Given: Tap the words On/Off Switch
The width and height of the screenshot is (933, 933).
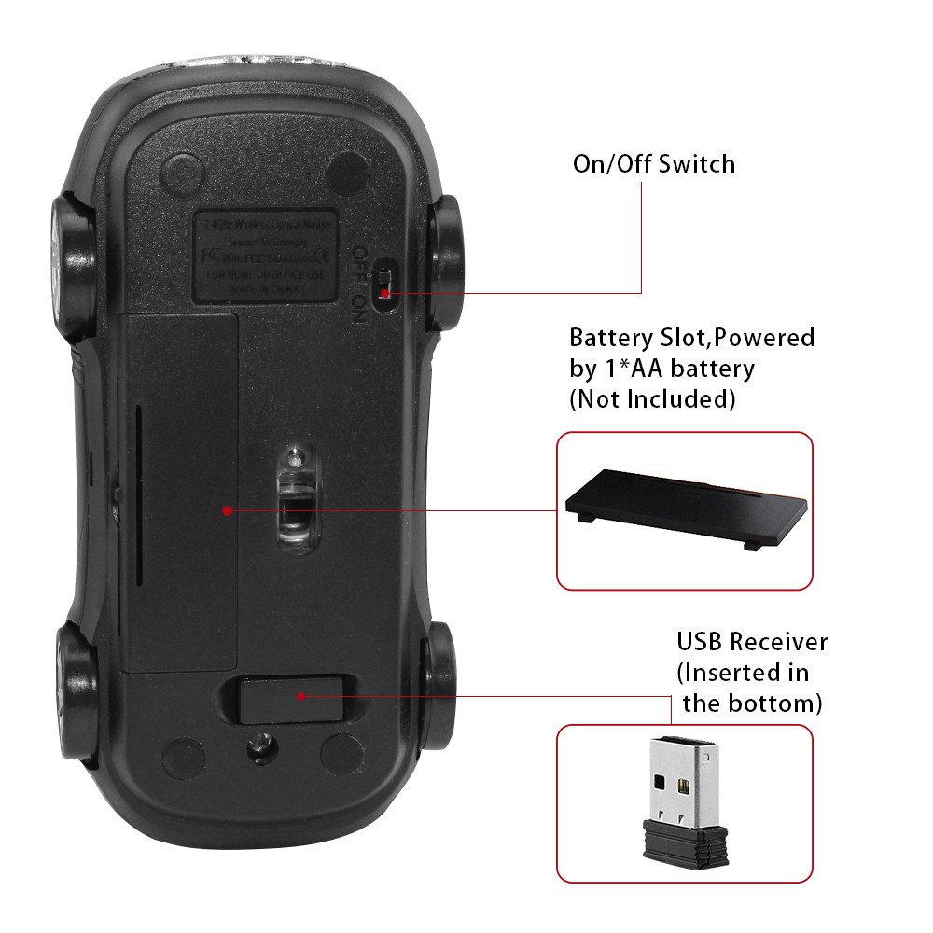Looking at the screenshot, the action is tap(653, 164).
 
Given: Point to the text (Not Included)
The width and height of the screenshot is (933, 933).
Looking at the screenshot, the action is tap(652, 399).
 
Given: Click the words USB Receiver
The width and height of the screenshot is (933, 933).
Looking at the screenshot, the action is tap(752, 642).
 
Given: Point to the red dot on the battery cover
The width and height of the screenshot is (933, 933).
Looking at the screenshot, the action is tap(227, 509).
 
